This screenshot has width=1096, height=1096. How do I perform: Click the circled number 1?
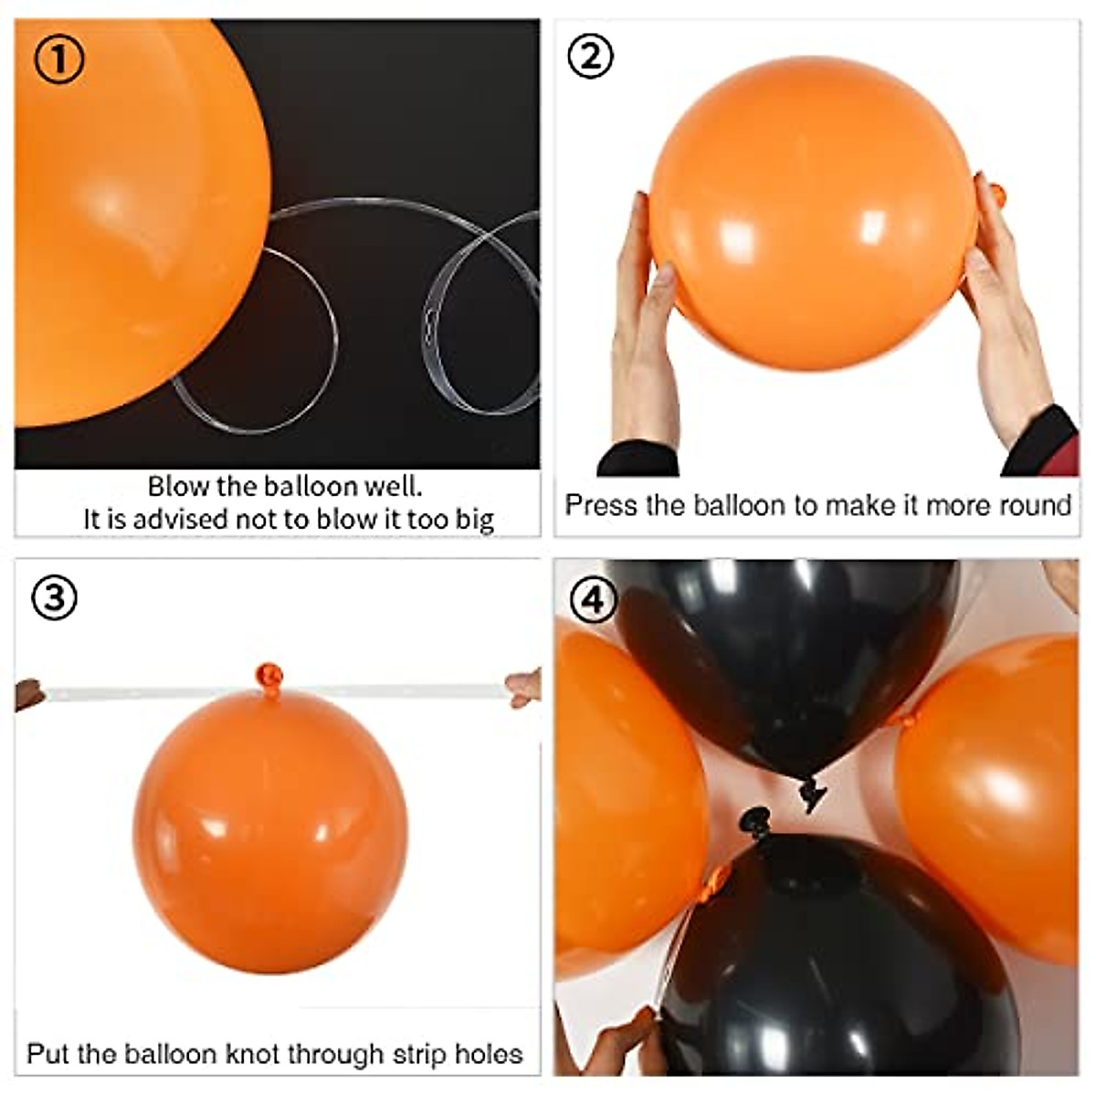(59, 59)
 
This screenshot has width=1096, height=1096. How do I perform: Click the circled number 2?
(591, 57)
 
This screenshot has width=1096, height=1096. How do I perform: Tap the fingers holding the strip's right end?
(524, 688)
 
